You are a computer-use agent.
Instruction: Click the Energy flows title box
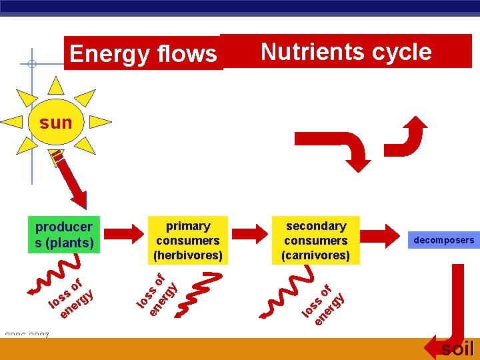click(143, 53)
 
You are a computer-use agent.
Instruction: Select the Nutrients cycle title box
click(346, 51)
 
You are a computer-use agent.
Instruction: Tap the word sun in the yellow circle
click(56, 123)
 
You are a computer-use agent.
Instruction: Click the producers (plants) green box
click(64, 235)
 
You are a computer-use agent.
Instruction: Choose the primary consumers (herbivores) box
click(188, 240)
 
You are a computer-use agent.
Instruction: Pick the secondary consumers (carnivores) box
click(315, 240)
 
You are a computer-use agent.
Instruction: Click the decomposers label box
click(444, 240)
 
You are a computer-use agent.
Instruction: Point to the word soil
click(458, 349)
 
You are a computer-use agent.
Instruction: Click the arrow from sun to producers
click(71, 181)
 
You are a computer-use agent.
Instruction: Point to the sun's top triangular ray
click(56, 85)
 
